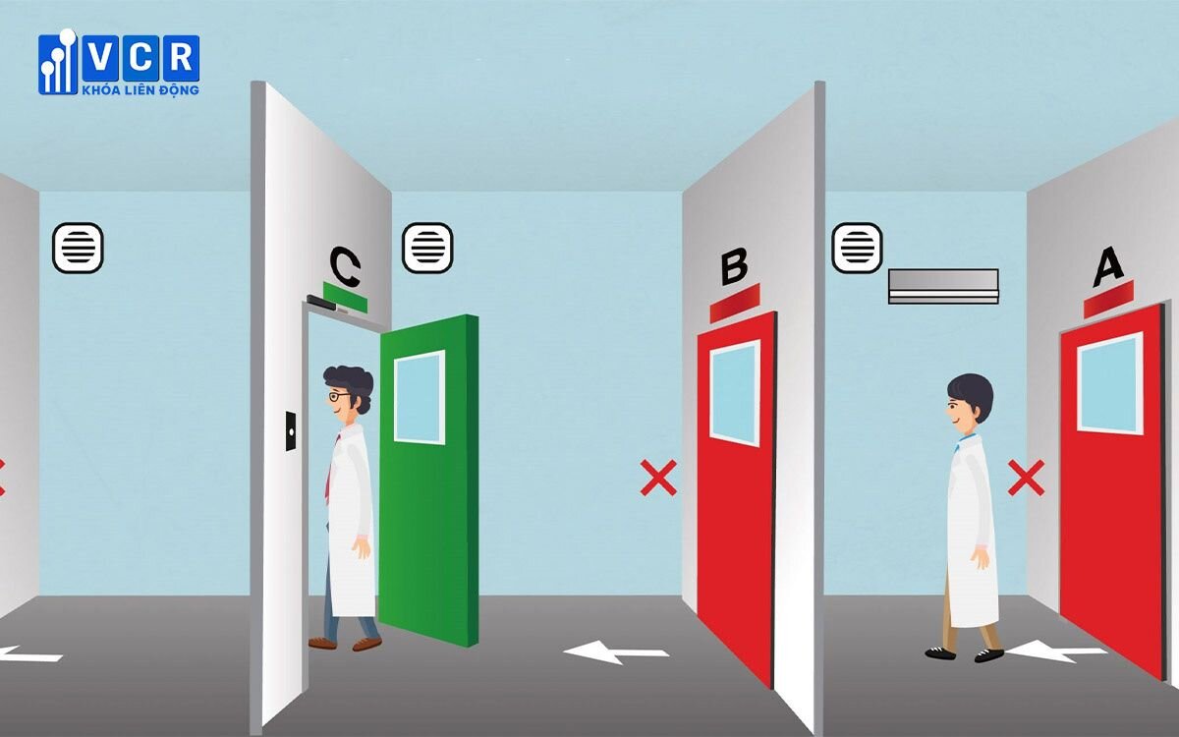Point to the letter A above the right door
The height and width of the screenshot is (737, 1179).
click(1107, 266)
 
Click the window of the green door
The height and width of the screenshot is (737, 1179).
click(420, 397)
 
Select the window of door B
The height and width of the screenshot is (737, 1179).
click(735, 393)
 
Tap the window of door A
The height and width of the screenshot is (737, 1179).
click(1109, 382)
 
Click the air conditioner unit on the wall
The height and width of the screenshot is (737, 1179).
click(943, 286)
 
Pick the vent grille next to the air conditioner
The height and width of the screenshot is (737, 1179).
click(857, 248)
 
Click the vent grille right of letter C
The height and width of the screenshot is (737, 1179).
click(427, 248)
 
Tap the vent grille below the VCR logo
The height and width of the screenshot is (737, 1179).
click(78, 248)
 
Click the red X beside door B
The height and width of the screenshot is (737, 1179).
click(658, 478)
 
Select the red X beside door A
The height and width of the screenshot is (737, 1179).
click(1026, 478)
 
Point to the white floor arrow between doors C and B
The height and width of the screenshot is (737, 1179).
click(616, 652)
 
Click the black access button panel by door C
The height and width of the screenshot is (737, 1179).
click(291, 431)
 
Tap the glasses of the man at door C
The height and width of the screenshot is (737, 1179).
click(337, 395)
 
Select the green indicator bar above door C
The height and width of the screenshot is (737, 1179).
click(345, 297)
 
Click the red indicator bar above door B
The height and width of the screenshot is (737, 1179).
click(735, 304)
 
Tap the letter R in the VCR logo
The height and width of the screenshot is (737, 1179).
click(181, 57)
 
